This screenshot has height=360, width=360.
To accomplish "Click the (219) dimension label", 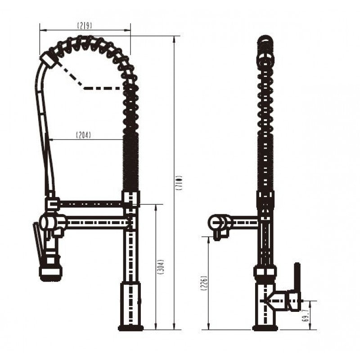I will pyautogui.click(x=84, y=26).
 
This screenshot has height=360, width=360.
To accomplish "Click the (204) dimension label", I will pyautogui.click(x=83, y=135).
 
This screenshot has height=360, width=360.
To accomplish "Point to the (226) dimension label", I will pyautogui.click(x=204, y=283).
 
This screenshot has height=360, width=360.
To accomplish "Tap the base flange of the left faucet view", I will pyautogui.click(x=130, y=328).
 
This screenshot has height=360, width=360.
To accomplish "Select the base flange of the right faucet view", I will pyautogui.click(x=265, y=328).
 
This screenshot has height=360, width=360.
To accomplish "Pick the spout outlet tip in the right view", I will pyautogui.click(x=218, y=235).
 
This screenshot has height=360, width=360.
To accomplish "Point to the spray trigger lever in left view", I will pyautogui.click(x=38, y=241).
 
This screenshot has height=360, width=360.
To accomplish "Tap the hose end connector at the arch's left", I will pyautogui.click(x=48, y=59).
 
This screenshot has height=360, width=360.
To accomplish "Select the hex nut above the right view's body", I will pyautogui.click(x=265, y=271).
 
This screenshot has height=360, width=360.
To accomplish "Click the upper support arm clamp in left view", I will pyautogui.click(x=52, y=205).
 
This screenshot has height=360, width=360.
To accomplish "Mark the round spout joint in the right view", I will pyautogui.click(x=216, y=221).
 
